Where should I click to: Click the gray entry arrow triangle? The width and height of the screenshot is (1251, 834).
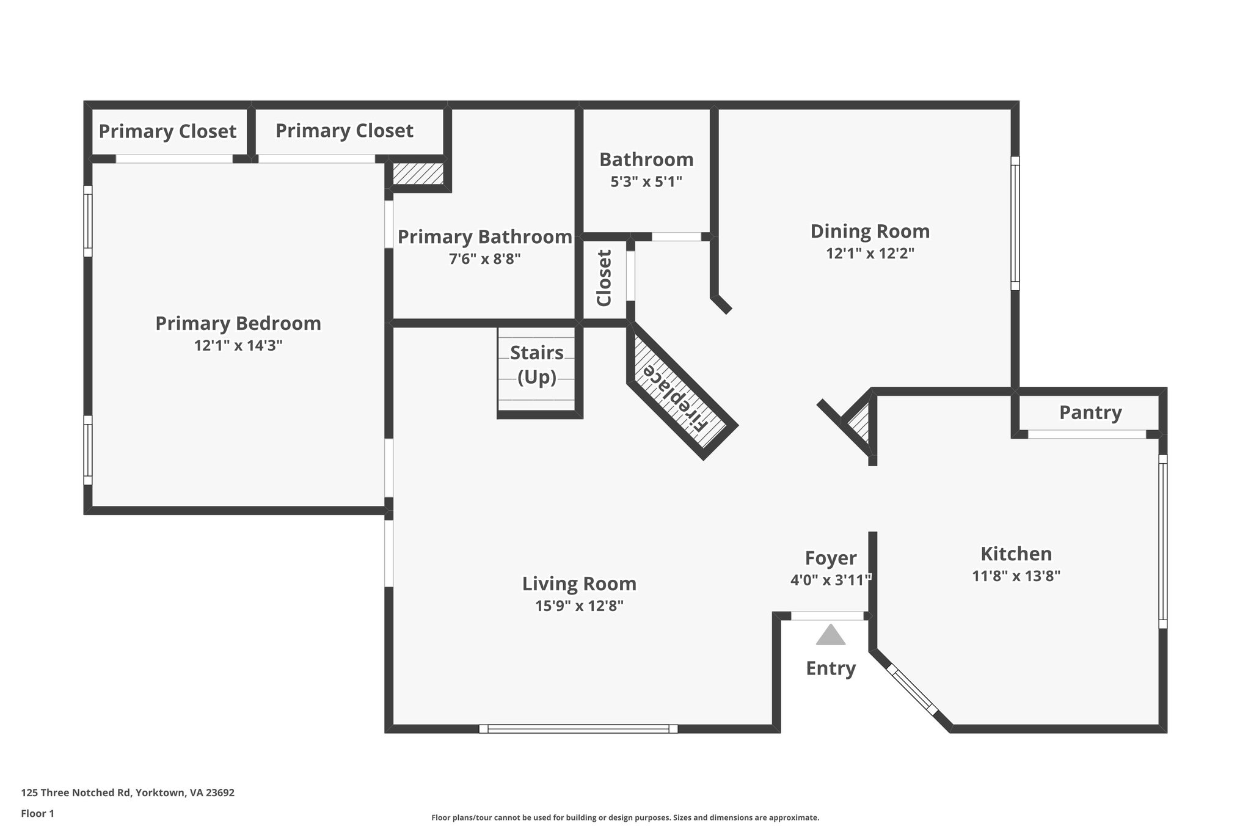tap(830, 635)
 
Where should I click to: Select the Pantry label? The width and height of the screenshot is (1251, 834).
tap(1090, 412)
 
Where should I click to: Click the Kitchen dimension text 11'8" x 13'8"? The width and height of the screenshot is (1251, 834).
tap(1016, 576)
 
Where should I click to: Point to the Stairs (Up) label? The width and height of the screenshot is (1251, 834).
tap(537, 365)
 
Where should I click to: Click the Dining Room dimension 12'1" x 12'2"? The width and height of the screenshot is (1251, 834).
tap(870, 253)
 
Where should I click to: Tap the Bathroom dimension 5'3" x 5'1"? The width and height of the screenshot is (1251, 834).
tap(646, 181)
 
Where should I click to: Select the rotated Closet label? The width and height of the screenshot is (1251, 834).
tap(604, 278)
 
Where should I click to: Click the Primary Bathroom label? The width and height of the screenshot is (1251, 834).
tap(484, 236)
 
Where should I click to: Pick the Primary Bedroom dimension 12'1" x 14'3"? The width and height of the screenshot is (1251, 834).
tap(238, 345)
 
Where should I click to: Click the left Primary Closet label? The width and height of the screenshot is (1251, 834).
tap(167, 131)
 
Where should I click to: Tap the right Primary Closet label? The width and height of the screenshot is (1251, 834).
tap(344, 130)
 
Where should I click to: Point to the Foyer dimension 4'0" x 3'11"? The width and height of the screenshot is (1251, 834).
tap(830, 580)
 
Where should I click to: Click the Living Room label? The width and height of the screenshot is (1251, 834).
tap(579, 583)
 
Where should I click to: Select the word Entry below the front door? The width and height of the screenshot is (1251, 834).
tap(830, 668)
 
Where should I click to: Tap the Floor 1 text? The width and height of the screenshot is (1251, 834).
tap(37, 813)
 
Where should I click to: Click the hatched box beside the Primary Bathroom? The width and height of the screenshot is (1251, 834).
tap(418, 174)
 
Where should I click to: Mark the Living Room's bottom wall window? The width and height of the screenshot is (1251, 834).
tap(578, 728)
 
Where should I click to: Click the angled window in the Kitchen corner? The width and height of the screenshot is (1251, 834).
tap(911, 690)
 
